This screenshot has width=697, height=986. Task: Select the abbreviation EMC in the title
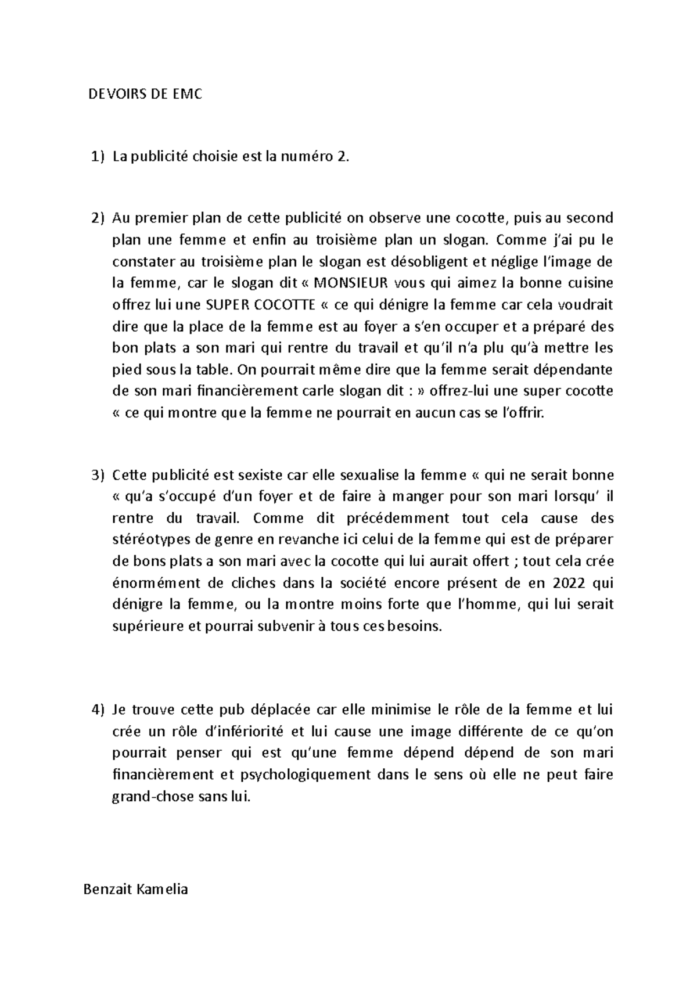(186, 94)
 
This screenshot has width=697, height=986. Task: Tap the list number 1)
(96, 156)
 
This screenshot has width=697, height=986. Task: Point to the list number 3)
(96, 475)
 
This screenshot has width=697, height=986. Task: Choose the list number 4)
(96, 709)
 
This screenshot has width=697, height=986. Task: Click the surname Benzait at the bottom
(107, 889)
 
